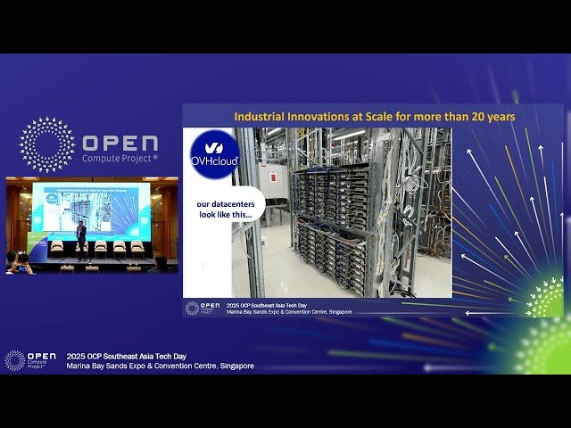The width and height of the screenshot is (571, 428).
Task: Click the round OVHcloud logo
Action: tap(214, 153)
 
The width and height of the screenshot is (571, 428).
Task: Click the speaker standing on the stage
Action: tap(81, 239)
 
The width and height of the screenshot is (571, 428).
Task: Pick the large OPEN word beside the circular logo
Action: tap(120, 144)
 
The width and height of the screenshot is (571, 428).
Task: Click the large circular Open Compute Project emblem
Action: tap(47, 144)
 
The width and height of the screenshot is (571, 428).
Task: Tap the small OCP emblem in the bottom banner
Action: tap(14, 359)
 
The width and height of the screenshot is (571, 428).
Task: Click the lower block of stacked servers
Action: tap(331, 259)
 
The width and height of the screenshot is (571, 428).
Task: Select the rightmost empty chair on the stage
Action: tap(137, 246)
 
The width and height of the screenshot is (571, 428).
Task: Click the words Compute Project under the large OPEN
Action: tap(120, 158)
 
